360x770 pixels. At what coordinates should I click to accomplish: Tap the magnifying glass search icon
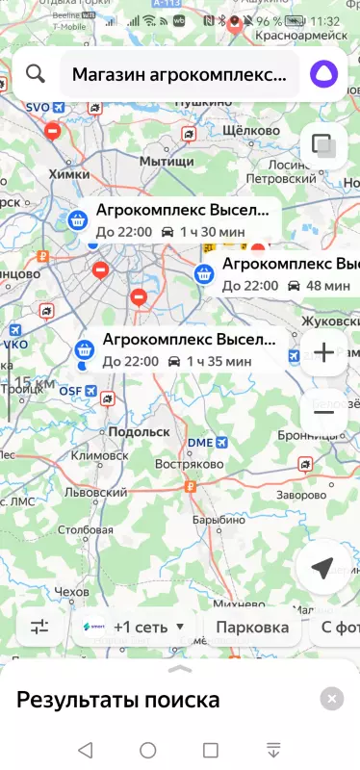[x=36, y=74]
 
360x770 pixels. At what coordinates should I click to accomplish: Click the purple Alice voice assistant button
[x=321, y=74]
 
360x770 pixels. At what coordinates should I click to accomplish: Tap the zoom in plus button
[x=323, y=353]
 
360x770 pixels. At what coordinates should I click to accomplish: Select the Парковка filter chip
[x=252, y=628]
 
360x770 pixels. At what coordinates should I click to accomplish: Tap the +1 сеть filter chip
[x=135, y=628]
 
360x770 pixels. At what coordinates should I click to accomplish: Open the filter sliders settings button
[x=39, y=628]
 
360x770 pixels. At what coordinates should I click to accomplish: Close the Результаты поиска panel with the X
[x=331, y=699]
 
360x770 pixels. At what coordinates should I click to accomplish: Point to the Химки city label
[x=68, y=174]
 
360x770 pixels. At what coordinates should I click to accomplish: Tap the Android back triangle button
[x=85, y=750]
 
